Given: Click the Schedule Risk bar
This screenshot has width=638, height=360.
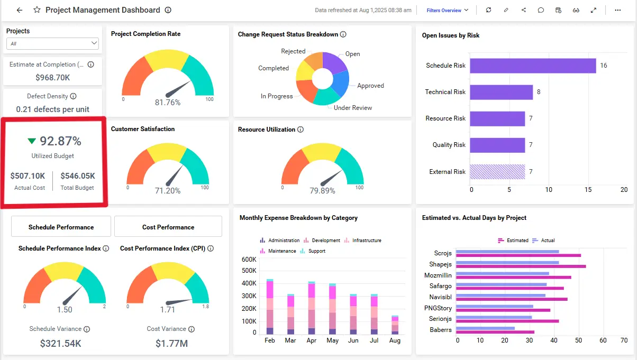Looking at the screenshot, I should [x=533, y=66].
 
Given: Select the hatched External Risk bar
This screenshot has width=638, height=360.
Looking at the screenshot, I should [x=497, y=172].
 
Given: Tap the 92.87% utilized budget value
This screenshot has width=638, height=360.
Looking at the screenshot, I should [x=61, y=141].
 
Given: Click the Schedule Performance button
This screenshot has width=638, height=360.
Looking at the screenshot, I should [x=61, y=227].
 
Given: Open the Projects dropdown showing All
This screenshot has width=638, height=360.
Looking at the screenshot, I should [x=53, y=43].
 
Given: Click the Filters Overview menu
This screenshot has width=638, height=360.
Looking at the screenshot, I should [x=447, y=10].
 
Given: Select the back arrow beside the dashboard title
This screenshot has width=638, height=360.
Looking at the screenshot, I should [x=20, y=10].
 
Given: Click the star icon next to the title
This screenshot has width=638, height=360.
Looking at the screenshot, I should [x=37, y=10].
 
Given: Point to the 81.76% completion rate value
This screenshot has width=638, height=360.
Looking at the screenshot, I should [x=168, y=103].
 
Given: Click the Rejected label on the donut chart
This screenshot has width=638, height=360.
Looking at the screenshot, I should [x=293, y=51].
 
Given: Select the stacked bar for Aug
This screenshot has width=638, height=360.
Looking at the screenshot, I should [x=395, y=325].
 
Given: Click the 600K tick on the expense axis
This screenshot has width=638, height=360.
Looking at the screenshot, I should [x=249, y=260].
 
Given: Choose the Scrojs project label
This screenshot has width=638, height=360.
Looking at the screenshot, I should [x=443, y=253].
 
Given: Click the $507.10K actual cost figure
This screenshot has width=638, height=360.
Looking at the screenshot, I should [x=28, y=176].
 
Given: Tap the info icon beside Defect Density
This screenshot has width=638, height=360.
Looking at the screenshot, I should [x=73, y=96].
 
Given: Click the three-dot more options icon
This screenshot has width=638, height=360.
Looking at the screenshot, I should [x=617, y=10].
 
